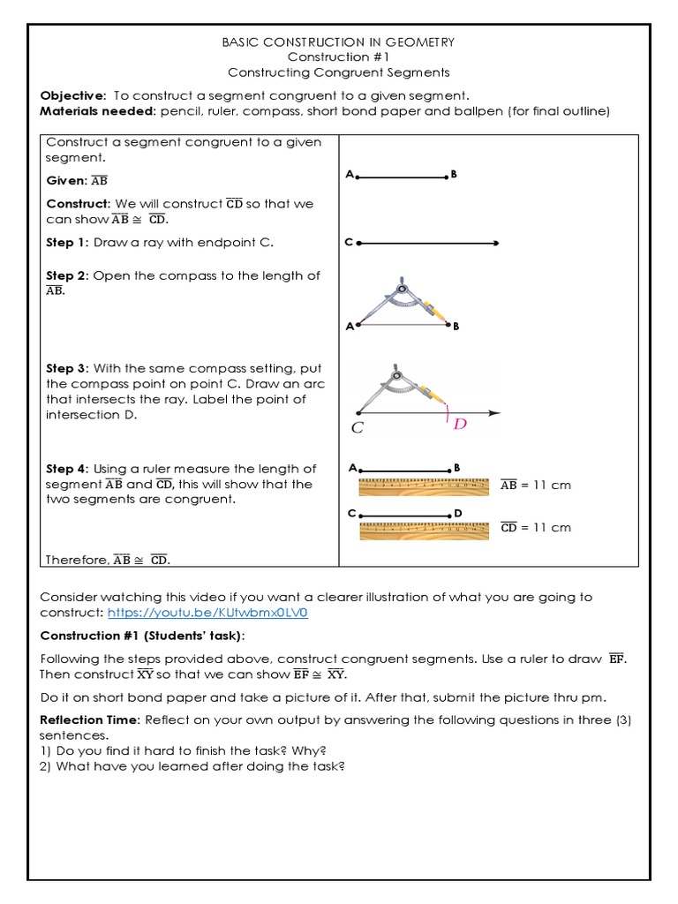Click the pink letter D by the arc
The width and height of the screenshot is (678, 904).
point(460,425)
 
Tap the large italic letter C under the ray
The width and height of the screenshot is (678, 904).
point(358,428)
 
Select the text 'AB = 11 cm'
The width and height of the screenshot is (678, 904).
point(535,485)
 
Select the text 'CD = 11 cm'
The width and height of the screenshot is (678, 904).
point(535,527)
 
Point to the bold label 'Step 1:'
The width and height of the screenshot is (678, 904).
point(66,243)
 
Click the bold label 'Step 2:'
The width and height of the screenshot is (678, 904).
point(66,275)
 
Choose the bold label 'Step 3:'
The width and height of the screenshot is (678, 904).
point(66,368)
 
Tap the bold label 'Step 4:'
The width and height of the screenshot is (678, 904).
point(66,469)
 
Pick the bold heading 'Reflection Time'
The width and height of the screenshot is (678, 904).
point(88,719)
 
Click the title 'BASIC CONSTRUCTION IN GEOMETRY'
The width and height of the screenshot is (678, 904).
point(339,42)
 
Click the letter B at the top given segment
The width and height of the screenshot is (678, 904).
point(454,175)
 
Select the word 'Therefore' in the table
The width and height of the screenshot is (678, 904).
point(77,560)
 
